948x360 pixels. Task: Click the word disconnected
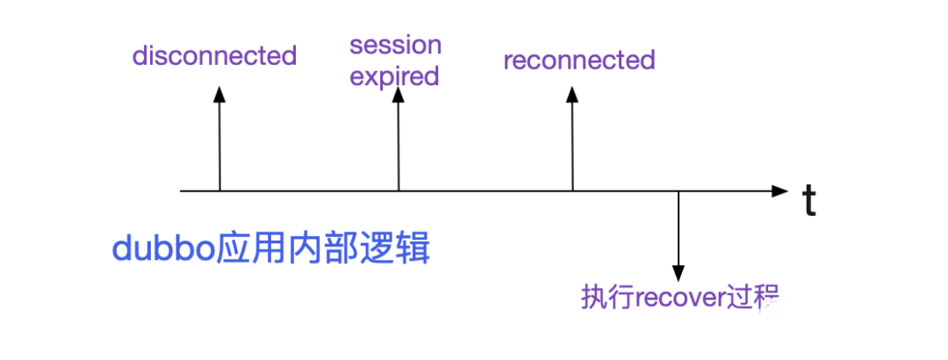point(215,56)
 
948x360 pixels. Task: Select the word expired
point(394,77)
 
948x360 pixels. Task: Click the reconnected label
point(579,60)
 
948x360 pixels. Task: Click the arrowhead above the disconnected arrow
point(219,93)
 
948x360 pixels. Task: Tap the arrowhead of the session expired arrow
point(398,93)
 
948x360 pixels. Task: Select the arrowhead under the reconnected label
point(572,93)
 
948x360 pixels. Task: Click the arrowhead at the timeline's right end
point(780,191)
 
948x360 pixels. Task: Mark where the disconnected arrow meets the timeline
point(219,191)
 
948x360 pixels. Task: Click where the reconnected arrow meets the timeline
point(572,191)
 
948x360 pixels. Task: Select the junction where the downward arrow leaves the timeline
point(679,191)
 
